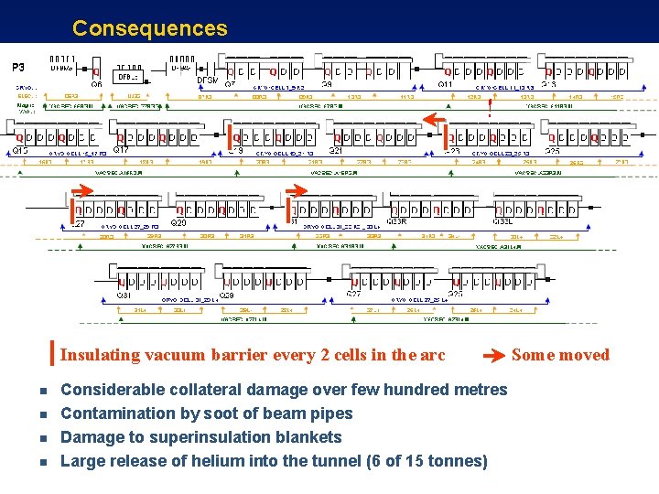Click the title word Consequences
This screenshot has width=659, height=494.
click(x=149, y=28)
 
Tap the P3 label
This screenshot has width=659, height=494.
click(x=17, y=67)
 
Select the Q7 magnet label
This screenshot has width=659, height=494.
click(x=230, y=84)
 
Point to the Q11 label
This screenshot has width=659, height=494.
click(x=446, y=84)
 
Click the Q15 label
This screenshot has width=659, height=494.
click(x=20, y=150)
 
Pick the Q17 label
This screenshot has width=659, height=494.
click(x=120, y=150)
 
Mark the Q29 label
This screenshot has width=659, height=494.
click(x=226, y=295)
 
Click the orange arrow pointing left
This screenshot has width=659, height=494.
click(x=432, y=120)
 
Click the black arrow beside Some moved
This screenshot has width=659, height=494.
click(x=493, y=356)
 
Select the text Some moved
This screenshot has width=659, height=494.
click(x=560, y=355)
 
